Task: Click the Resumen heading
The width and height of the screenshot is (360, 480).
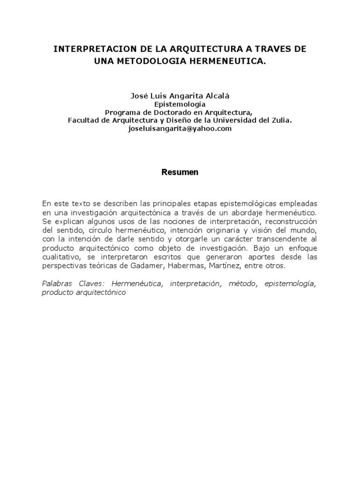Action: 180,172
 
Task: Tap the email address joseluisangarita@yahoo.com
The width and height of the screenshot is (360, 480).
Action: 180,129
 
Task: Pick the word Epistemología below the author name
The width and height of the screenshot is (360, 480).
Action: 180,104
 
